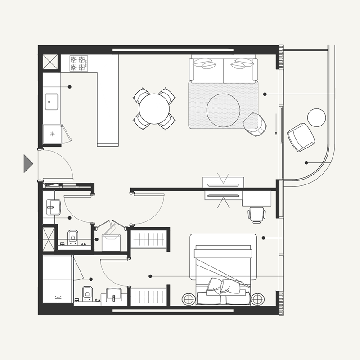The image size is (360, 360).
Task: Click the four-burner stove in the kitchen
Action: pyautogui.click(x=78, y=63)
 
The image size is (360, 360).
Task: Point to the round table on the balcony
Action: pyautogui.click(x=316, y=117)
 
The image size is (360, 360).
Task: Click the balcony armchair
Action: pyautogui.click(x=300, y=136)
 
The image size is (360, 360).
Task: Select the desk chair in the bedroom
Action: pyautogui.click(x=256, y=214)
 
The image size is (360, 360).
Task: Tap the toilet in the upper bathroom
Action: pyautogui.click(x=72, y=237)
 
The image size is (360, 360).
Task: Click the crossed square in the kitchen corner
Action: pyautogui.click(x=51, y=62)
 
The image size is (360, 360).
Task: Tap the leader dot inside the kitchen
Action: pyautogui.click(x=70, y=86)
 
